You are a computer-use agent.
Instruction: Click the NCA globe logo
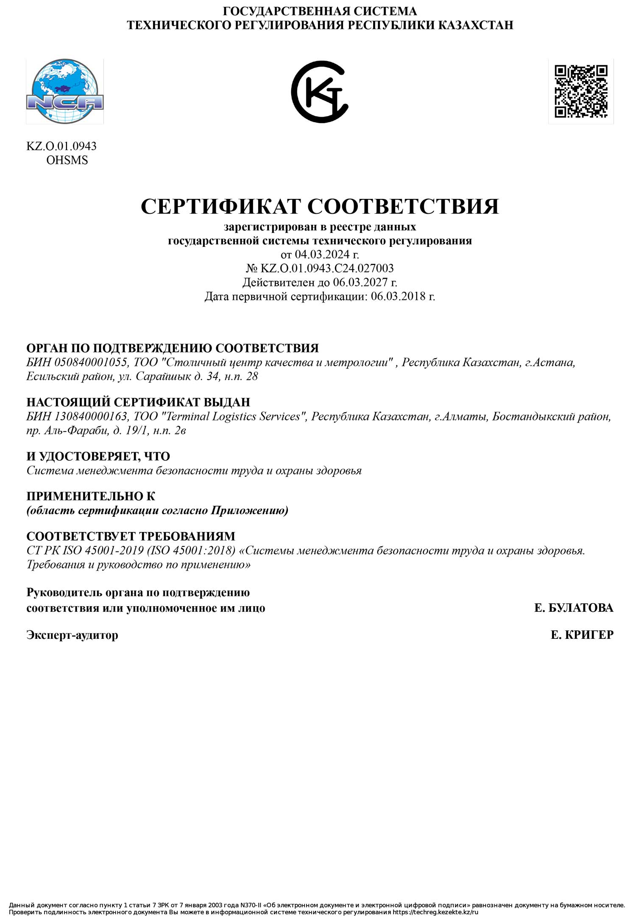(64, 92)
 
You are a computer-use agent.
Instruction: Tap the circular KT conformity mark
(319, 92)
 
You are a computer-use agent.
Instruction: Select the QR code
(581, 91)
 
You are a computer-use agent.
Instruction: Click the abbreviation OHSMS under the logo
(67, 160)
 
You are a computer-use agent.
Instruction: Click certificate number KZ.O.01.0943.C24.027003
(326, 269)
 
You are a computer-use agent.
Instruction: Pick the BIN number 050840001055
(91, 363)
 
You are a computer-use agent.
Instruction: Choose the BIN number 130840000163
(91, 417)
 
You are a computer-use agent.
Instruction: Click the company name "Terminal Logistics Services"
(234, 417)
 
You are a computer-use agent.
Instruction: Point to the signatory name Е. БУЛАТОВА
(574, 608)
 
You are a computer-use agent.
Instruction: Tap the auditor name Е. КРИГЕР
(582, 635)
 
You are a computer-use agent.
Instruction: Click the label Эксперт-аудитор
(72, 635)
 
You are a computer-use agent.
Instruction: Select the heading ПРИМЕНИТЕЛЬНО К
(91, 496)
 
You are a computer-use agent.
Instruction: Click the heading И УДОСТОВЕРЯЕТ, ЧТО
(98, 456)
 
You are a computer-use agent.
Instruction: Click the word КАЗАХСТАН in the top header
(475, 25)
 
